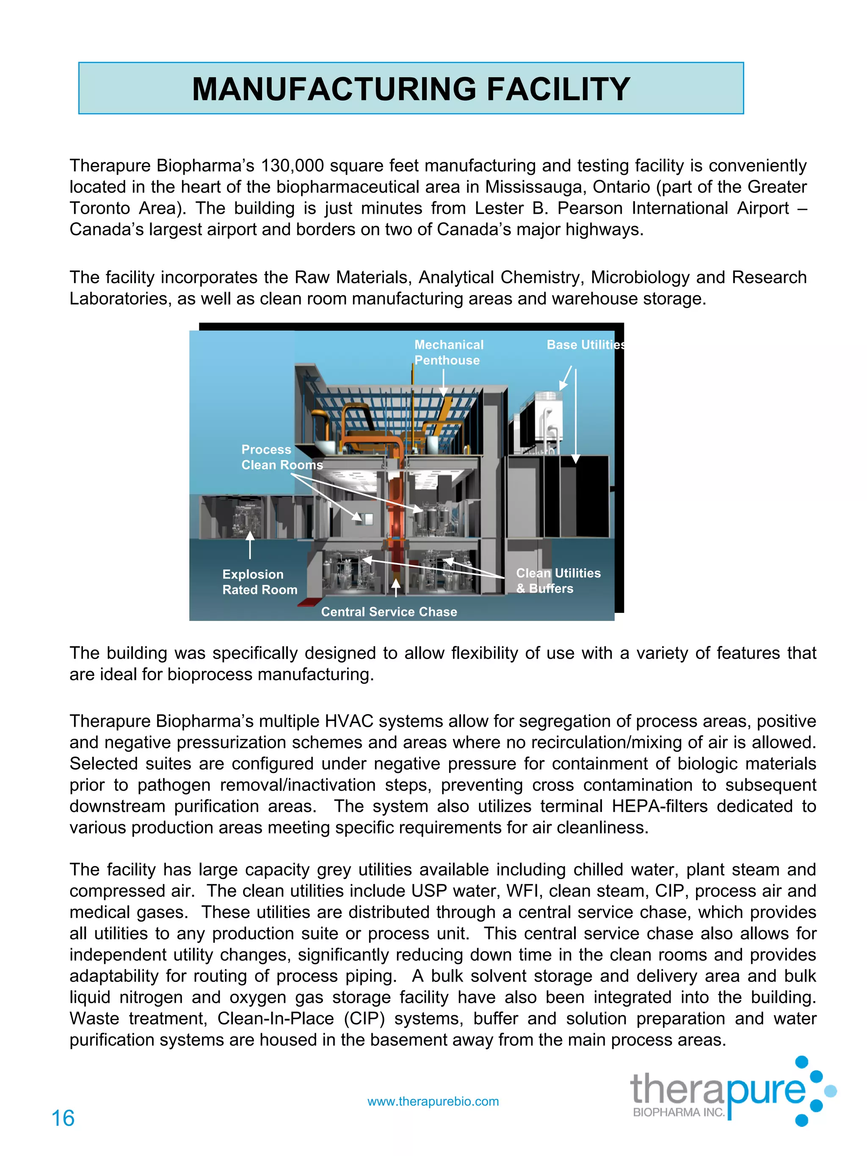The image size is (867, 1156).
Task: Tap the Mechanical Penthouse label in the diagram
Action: [x=448, y=352]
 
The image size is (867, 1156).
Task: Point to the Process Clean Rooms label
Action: [x=281, y=457]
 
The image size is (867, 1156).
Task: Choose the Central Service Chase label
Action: [x=388, y=612]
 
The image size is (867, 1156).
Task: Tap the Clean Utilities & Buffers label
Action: [x=558, y=581]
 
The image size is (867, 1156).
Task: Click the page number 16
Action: [x=63, y=1118]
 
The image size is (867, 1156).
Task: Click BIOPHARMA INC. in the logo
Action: [x=678, y=1112]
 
